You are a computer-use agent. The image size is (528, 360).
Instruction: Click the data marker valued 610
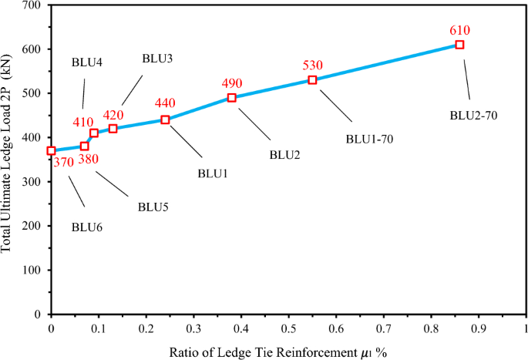click(x=459, y=45)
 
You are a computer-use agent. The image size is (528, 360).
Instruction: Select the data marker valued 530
click(x=312, y=80)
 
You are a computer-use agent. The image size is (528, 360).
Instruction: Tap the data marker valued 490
click(x=232, y=98)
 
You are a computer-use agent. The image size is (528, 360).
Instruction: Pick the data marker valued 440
click(x=165, y=119)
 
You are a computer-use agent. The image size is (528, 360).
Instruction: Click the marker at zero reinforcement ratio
click(x=52, y=151)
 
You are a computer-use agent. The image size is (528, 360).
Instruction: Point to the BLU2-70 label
click(x=473, y=116)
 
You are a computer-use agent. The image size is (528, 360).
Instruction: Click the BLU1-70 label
click(x=370, y=139)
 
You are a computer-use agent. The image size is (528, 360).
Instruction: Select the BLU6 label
click(x=86, y=227)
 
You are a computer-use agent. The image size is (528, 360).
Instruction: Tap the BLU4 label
click(x=87, y=62)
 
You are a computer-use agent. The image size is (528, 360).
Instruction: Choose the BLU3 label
click(x=157, y=59)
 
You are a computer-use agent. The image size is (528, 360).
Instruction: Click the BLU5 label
click(x=153, y=207)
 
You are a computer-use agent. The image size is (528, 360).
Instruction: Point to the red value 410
click(x=83, y=122)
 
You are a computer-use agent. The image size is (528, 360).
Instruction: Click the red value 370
click(x=63, y=162)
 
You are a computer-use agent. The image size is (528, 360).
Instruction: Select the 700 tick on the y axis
click(x=32, y=5)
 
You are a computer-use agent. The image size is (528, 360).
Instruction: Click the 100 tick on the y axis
click(x=32, y=271)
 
